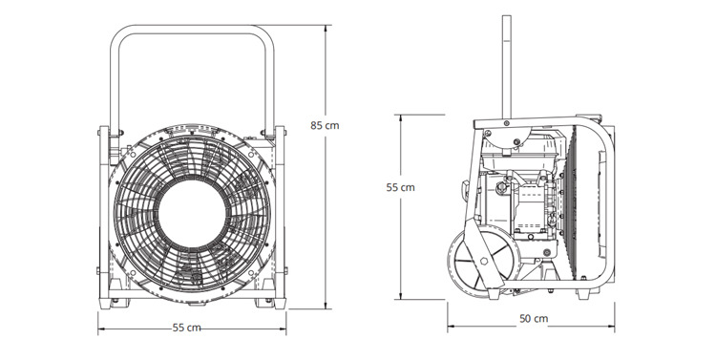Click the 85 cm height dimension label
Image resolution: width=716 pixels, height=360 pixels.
tap(325, 125)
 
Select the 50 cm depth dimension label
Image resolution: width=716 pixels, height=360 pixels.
tap(534, 318)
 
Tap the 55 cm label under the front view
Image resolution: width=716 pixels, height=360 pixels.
tap(186, 328)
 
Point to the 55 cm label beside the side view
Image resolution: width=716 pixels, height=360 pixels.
tap(400, 187)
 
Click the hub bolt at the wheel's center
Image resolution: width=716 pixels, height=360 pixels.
tap(483, 261)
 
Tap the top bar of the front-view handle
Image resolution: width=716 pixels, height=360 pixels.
tap(192, 30)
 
